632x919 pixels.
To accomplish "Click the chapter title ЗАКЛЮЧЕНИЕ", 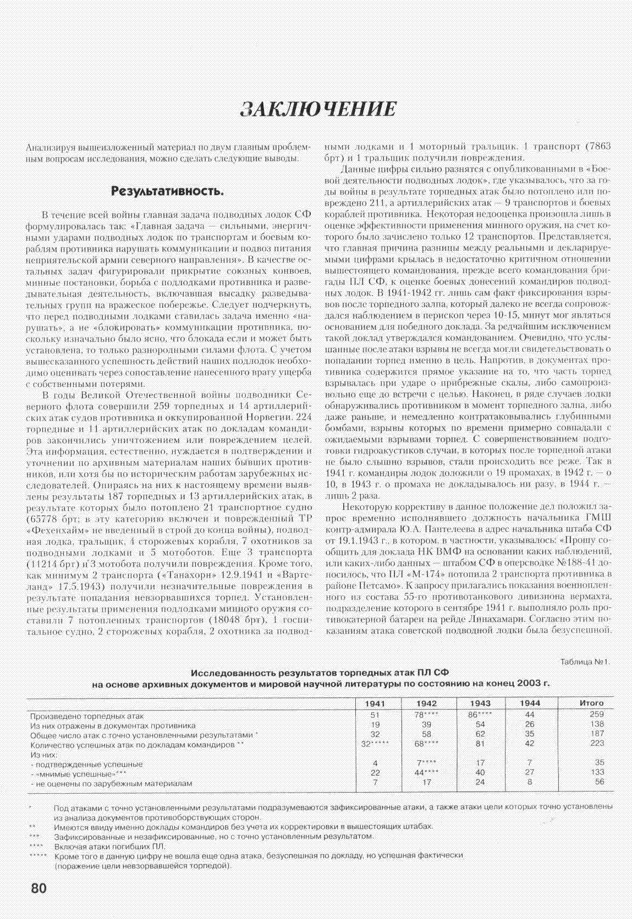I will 318,108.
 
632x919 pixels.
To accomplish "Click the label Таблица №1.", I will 585,662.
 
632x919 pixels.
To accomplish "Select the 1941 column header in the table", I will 375,703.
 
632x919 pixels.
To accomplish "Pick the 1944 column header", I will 530,703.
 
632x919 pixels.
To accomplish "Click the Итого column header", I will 591,703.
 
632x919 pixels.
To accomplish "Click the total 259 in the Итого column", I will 596,715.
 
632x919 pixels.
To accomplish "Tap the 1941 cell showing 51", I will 375,715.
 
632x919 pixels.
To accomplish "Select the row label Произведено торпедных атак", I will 87,716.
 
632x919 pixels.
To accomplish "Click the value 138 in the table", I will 596,724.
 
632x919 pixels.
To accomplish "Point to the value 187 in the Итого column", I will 596,734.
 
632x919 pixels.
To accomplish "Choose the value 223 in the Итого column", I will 596,744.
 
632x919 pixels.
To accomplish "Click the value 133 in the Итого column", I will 596,773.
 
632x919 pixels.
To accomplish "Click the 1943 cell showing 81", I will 480,744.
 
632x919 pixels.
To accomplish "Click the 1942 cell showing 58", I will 427,734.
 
